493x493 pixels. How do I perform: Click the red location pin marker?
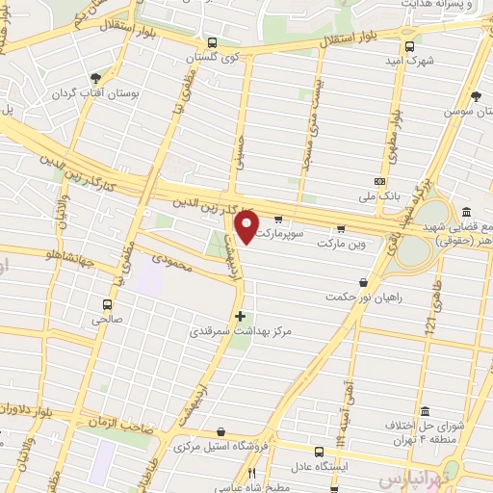tap(246, 227)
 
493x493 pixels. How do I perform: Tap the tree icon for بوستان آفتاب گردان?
tap(96, 78)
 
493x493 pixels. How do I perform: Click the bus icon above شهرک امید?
tap(410, 45)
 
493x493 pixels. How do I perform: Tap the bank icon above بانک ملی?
tap(379, 180)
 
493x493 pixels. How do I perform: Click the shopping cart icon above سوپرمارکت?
tap(279, 219)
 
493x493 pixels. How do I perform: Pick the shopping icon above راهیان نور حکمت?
tap(362, 282)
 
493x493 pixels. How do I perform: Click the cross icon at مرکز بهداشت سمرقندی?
tap(240, 316)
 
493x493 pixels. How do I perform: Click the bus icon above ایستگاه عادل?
tap(320, 451)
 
